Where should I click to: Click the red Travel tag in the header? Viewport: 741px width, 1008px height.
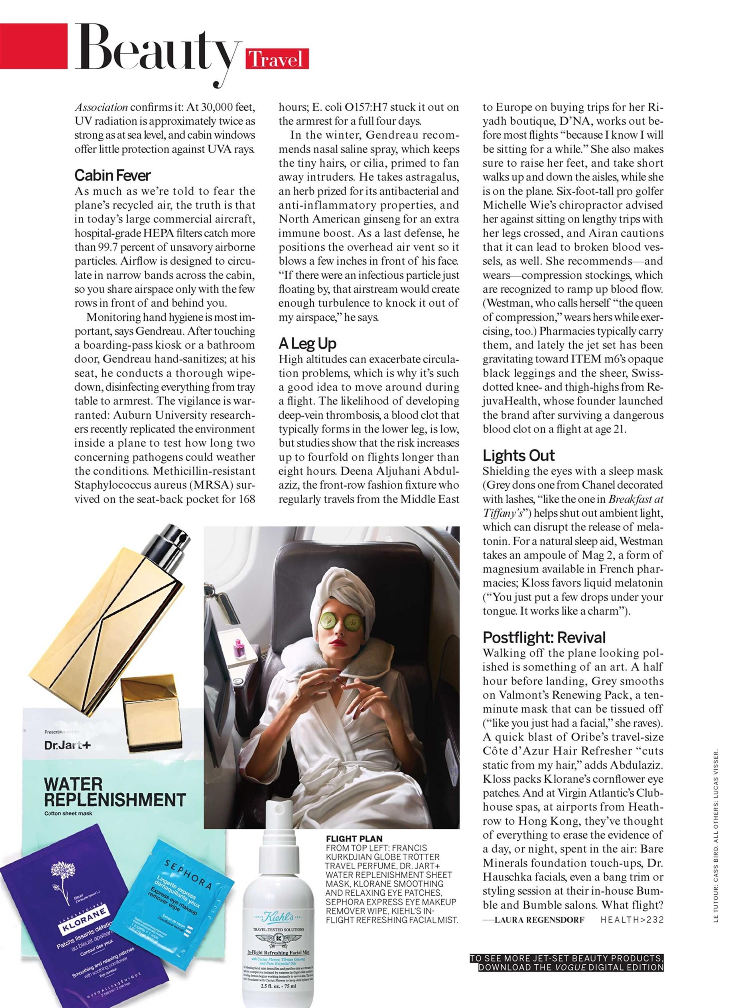277,59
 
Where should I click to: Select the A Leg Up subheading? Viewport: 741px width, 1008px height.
307,343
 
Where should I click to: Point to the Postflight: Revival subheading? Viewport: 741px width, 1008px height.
544,637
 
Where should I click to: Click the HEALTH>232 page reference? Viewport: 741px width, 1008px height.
632,920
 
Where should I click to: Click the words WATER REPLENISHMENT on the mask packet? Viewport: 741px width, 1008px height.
114,792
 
